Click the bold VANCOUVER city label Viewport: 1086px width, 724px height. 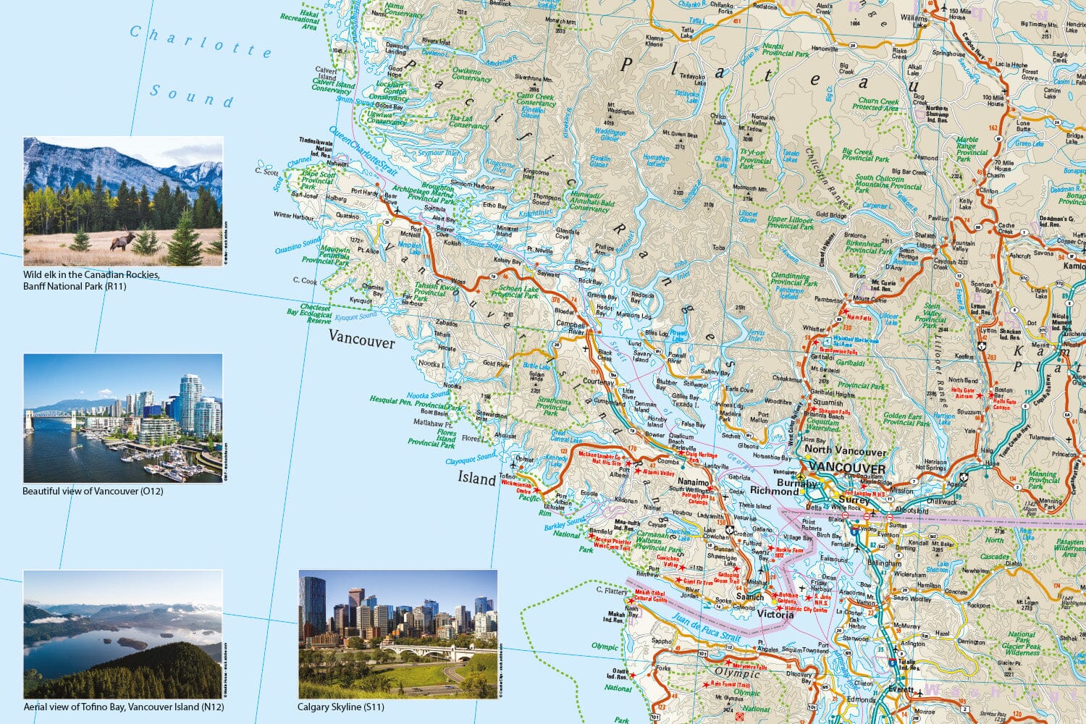point(846,468)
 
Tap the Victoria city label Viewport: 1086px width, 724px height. point(775,615)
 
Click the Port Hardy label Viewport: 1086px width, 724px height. point(365,193)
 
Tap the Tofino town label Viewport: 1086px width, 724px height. point(507,478)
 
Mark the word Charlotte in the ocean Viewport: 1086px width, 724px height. point(201,41)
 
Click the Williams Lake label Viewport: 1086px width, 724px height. point(914,21)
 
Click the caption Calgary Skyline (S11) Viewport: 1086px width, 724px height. point(341,707)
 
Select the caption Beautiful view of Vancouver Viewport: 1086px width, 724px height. point(93,491)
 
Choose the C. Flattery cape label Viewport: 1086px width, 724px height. point(610,591)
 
